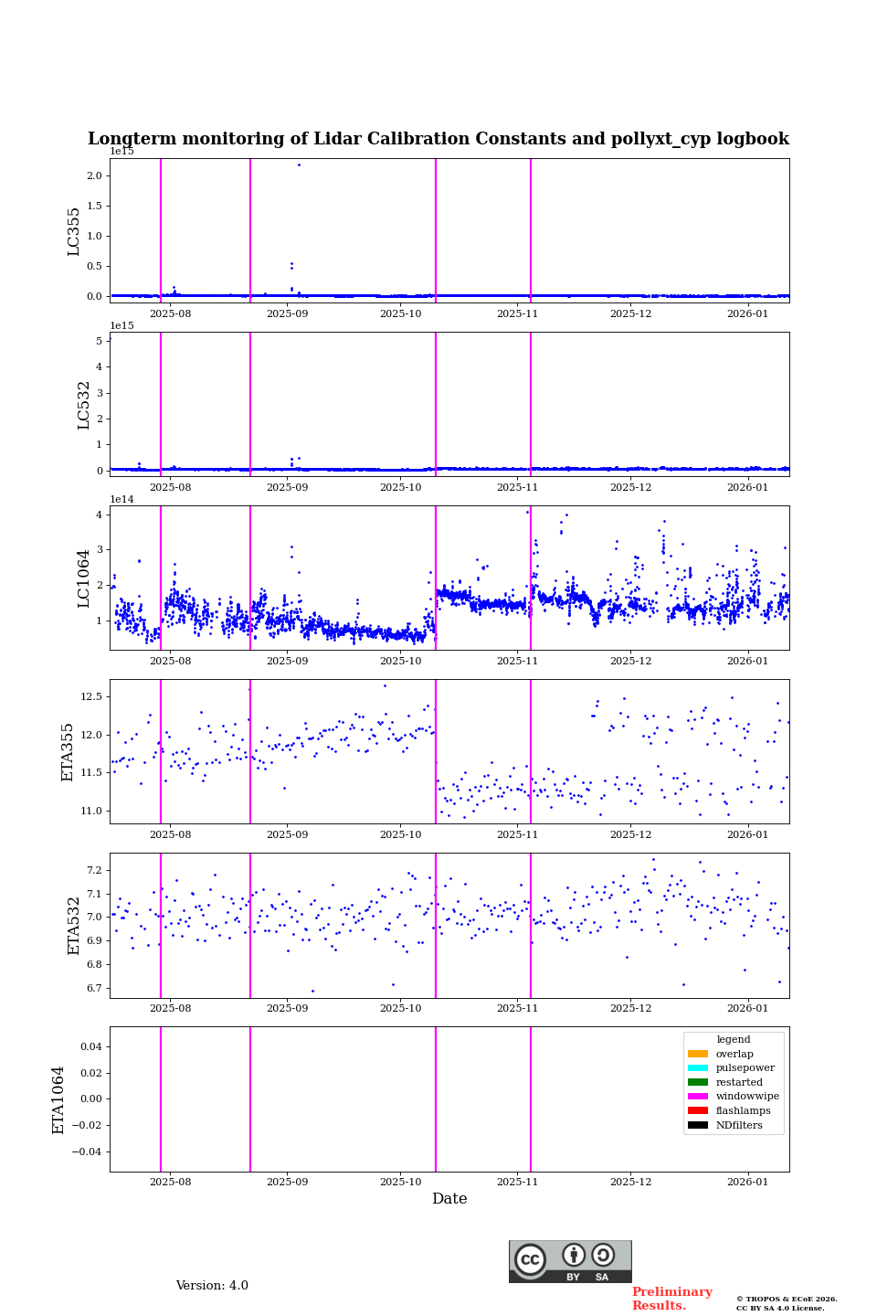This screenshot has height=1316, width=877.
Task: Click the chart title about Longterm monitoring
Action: click(438, 139)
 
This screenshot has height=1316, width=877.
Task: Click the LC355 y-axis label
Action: click(74, 231)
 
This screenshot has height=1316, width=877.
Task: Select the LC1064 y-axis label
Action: click(84, 578)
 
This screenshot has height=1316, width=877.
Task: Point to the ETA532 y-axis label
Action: click(74, 925)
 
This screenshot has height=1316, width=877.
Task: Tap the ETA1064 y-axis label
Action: click(58, 1099)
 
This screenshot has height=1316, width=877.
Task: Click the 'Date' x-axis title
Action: click(449, 1199)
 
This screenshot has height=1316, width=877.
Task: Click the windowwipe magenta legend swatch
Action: click(698, 1097)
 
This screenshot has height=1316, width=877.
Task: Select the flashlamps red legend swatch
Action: click(698, 1111)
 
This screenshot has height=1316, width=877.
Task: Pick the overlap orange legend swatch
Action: click(698, 1054)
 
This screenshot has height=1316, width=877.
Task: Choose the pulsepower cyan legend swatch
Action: click(698, 1068)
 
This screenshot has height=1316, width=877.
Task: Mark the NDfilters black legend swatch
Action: click(698, 1125)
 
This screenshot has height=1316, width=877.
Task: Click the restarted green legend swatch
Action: click(698, 1082)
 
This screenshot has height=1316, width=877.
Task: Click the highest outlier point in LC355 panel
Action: click(299, 164)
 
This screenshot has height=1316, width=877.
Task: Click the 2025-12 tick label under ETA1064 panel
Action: click(630, 1182)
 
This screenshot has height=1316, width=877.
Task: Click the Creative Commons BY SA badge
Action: click(570, 1261)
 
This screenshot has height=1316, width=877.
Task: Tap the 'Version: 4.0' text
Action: click(212, 1286)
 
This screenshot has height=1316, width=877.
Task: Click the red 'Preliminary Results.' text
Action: click(671, 1299)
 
